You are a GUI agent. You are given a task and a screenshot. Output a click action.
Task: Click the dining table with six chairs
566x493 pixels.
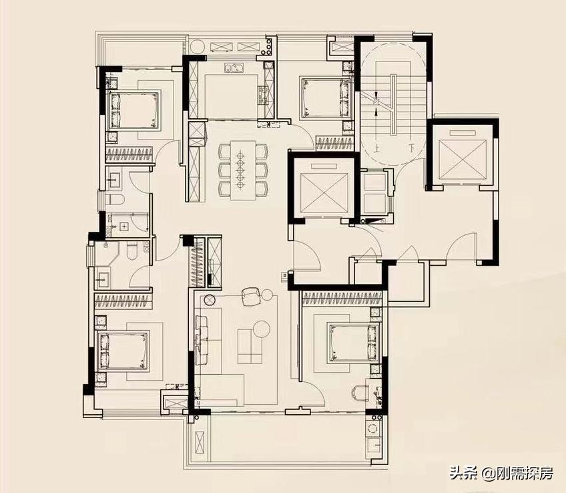point(242,170)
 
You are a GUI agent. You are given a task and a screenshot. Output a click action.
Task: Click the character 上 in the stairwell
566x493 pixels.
point(377,148)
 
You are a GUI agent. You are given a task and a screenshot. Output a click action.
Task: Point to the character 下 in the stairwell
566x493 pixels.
point(411,148)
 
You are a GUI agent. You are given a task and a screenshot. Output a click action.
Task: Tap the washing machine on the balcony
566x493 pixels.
point(374,429)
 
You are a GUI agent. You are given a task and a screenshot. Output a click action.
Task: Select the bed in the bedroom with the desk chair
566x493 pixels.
point(354,342)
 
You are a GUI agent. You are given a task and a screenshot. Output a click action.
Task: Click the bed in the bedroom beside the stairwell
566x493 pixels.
point(326,98)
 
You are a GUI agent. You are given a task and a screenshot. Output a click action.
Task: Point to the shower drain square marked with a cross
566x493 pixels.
point(124,226)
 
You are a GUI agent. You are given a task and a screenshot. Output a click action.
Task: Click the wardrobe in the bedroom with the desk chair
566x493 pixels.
point(342,299)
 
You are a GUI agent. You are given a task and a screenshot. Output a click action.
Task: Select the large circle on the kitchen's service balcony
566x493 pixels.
point(198,47)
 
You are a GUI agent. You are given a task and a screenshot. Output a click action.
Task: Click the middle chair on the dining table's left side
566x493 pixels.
point(224,170)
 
